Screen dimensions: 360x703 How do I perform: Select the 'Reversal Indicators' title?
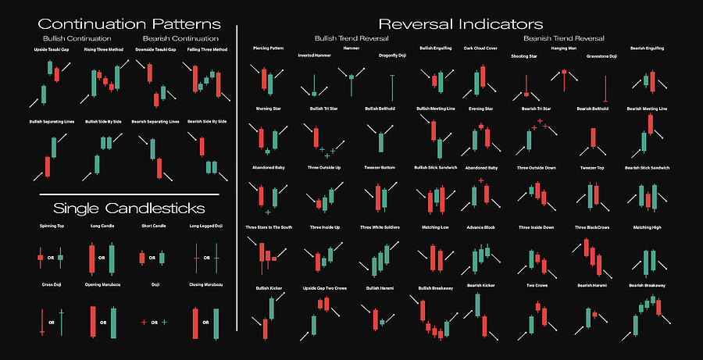460,24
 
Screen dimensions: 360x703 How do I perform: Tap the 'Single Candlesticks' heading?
129,208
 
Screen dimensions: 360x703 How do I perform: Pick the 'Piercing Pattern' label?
269,48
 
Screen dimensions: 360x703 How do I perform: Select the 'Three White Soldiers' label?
380,227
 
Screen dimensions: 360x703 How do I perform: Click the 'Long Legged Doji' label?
206,227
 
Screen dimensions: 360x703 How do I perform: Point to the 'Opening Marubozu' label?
102,285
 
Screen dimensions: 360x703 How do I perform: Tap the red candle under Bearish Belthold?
594,137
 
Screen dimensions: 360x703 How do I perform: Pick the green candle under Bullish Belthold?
380,141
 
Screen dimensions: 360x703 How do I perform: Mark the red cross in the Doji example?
145,322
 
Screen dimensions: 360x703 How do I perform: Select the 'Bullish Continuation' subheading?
77,37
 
